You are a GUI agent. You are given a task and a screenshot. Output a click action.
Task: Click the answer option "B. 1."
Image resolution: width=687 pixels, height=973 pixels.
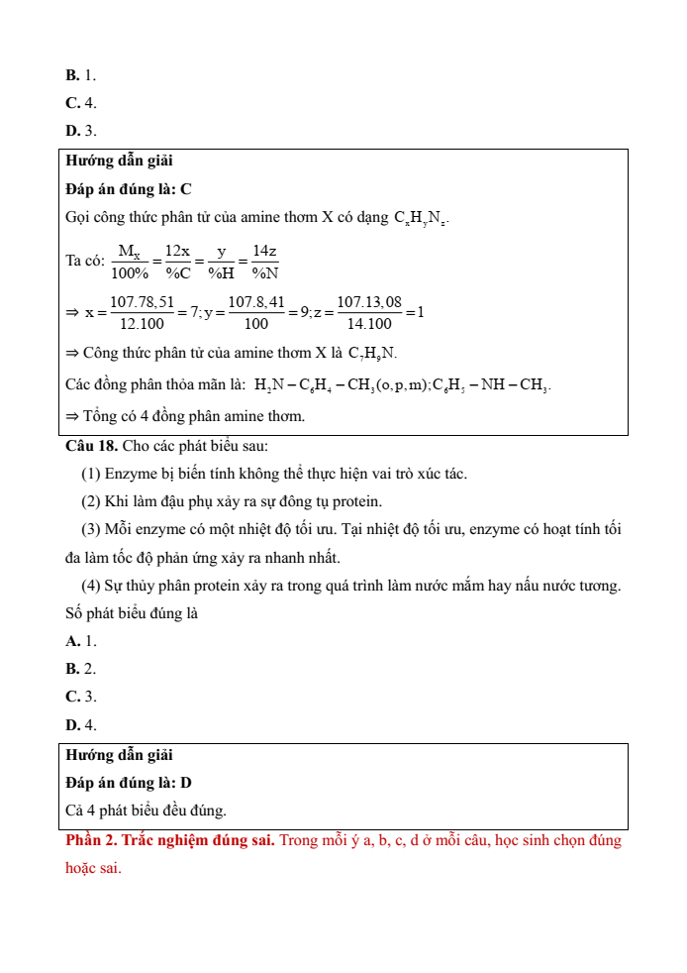pyautogui.click(x=80, y=75)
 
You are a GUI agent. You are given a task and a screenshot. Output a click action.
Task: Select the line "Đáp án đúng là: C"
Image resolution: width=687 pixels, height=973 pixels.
pyautogui.click(x=128, y=188)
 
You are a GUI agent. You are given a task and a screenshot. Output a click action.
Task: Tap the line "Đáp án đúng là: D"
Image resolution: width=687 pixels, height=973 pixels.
pyautogui.click(x=128, y=783)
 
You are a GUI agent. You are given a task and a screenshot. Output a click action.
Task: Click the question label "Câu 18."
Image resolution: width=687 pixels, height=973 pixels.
pyautogui.click(x=93, y=446)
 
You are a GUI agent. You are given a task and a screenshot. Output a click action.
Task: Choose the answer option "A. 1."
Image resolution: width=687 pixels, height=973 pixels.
pyautogui.click(x=80, y=641)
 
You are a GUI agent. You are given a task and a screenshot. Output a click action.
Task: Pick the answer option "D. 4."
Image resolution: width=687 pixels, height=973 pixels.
pyautogui.click(x=80, y=725)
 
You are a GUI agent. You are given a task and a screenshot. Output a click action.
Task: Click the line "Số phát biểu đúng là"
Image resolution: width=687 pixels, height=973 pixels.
pyautogui.click(x=132, y=613)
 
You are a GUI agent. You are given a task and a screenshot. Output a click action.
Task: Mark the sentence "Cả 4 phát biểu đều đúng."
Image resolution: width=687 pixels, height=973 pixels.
pyautogui.click(x=146, y=811)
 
